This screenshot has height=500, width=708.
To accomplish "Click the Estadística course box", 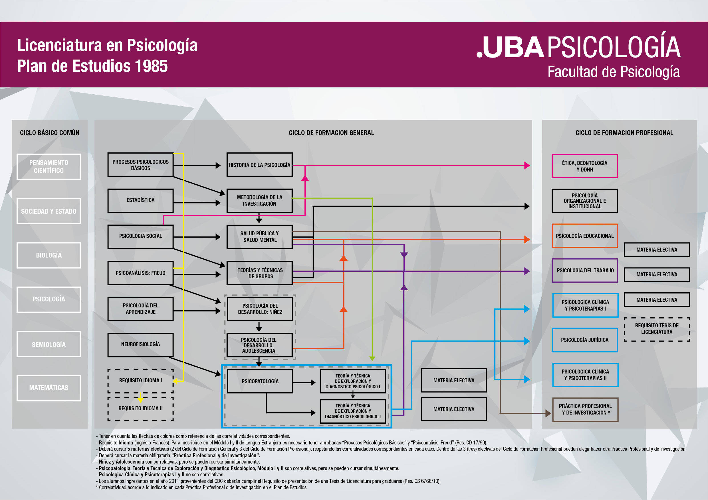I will click(140, 201).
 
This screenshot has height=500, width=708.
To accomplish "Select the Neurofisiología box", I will click(140, 344).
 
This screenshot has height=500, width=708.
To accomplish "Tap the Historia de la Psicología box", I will click(259, 165).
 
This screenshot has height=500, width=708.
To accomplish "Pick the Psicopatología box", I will click(260, 381).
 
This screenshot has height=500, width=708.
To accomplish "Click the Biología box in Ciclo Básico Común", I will click(49, 255).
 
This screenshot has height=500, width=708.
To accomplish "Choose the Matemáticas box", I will click(49, 388).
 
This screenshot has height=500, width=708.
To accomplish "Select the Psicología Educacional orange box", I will click(584, 236).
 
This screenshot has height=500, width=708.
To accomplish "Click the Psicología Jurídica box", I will click(584, 340).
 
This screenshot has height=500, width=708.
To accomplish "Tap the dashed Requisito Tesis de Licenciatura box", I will click(657, 329).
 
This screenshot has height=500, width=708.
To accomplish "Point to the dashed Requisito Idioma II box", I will click(140, 409).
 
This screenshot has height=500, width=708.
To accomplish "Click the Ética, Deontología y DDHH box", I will click(584, 166).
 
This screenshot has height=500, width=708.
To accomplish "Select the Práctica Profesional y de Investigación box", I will click(585, 409).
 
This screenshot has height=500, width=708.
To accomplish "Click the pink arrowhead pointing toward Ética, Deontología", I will click(527, 166).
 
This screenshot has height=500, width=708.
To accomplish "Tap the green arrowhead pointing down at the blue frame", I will click(372, 358).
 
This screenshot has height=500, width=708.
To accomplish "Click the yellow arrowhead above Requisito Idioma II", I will click(141, 399).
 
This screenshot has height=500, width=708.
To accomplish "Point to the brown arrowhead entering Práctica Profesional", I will click(548, 413).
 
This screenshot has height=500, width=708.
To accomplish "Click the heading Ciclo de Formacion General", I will click(331, 133).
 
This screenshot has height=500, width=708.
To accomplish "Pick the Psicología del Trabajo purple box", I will click(584, 271).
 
